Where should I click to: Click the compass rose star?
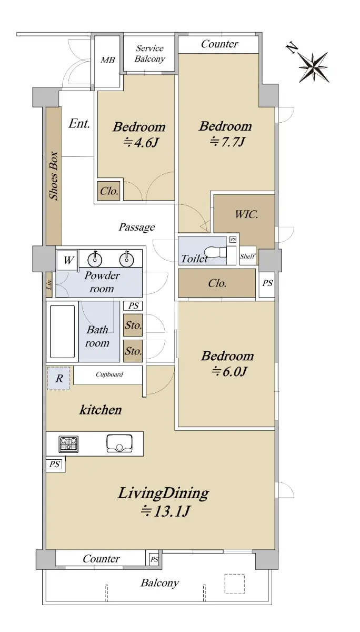tap(314, 67)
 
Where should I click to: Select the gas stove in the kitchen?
tap(68, 444)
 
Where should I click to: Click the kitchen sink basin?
tap(119, 443)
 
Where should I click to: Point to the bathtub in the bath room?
tap(62, 331)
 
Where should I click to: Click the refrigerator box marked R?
tap(58, 378)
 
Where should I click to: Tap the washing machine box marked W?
tap(67, 260)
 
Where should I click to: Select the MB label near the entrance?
tap(108, 60)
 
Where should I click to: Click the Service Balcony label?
tap(149, 54)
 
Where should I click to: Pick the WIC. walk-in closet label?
tap(246, 214)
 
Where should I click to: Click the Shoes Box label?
tap(54, 176)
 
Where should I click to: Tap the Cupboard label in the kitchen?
tap(109, 374)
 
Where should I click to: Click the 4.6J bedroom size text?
tap(140, 143)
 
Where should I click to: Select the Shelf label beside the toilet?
tap(247, 256)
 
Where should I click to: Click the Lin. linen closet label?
tap(49, 284)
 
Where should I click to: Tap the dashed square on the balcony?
tap(235, 584)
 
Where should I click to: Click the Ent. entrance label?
tap(79, 123)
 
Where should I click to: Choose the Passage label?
tap(137, 227)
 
